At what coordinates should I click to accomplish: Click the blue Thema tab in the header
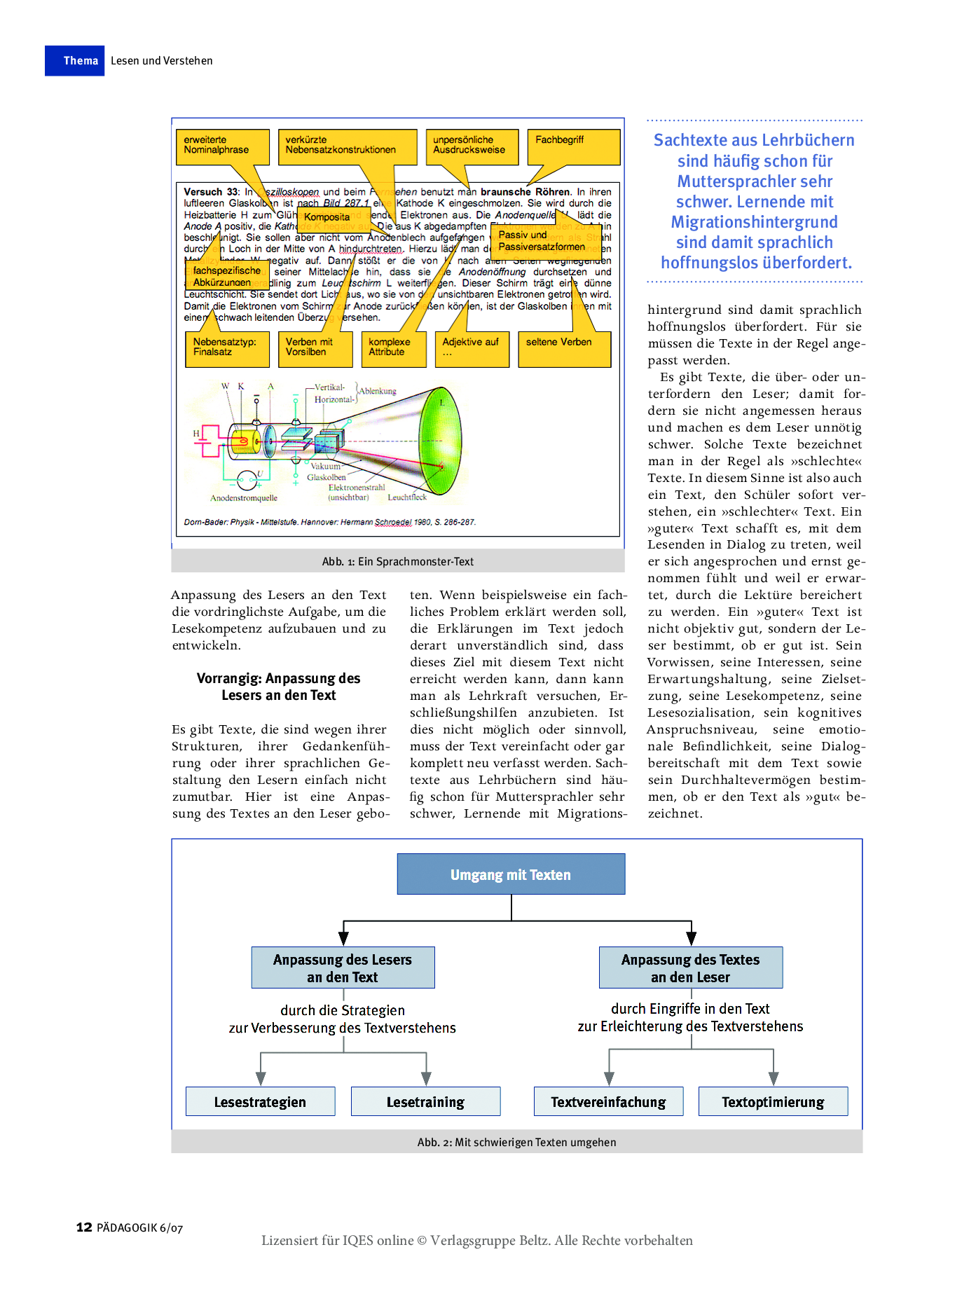[x=74, y=61]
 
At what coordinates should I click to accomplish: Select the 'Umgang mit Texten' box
[x=511, y=874]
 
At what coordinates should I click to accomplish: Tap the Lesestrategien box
[x=260, y=1102]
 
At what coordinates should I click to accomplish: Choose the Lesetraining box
[x=425, y=1102]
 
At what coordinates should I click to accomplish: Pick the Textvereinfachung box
[x=608, y=1102]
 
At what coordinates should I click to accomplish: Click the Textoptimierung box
[x=773, y=1102]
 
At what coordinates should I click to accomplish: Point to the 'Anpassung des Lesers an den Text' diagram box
[x=343, y=968]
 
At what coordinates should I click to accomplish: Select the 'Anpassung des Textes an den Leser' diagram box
[x=690, y=968]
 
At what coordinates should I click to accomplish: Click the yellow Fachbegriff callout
[x=573, y=146]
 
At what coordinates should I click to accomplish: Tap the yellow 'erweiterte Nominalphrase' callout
[x=222, y=146]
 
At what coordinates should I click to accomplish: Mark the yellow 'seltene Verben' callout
[x=563, y=348]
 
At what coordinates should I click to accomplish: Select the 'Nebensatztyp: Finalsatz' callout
[x=227, y=348]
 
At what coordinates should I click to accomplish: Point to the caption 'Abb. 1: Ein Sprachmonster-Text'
[x=397, y=562]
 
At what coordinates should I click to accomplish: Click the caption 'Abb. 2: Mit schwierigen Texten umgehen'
[x=516, y=1143]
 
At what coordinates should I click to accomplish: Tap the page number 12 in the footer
[x=84, y=1227]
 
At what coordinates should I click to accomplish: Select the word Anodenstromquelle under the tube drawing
[x=244, y=498]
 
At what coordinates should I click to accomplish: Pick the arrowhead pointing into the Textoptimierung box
[x=774, y=1078]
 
